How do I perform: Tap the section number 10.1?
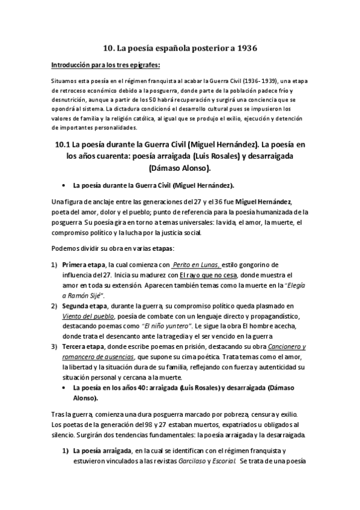pos(64,144)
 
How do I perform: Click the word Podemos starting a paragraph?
pos(67,248)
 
